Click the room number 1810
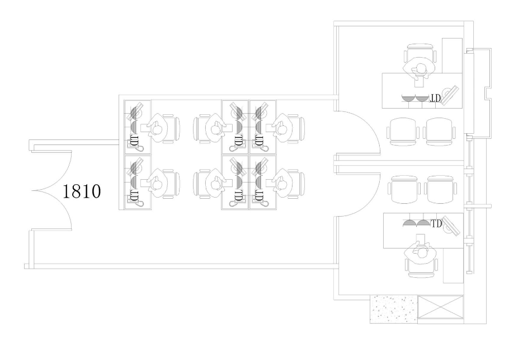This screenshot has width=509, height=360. pyautogui.click(x=81, y=191)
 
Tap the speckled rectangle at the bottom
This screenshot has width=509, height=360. pyautogui.click(x=393, y=308)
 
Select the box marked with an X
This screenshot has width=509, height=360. pyautogui.click(x=440, y=307)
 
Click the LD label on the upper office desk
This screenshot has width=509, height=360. pyautogui.click(x=435, y=98)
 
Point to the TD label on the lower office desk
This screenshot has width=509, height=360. pyautogui.click(x=436, y=223)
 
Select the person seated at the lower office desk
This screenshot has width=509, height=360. pyautogui.click(x=421, y=250)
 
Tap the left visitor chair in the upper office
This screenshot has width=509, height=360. pyautogui.click(x=402, y=132)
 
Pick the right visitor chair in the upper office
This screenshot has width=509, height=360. pyautogui.click(x=439, y=132)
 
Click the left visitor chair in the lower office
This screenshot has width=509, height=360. pyautogui.click(x=404, y=189)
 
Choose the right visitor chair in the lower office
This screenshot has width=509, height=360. pyautogui.click(x=441, y=189)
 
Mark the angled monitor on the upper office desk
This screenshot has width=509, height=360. pyautogui.click(x=450, y=95)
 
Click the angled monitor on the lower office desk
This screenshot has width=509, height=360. pyautogui.click(x=451, y=226)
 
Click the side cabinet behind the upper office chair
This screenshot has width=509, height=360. pyautogui.click(x=452, y=55)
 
